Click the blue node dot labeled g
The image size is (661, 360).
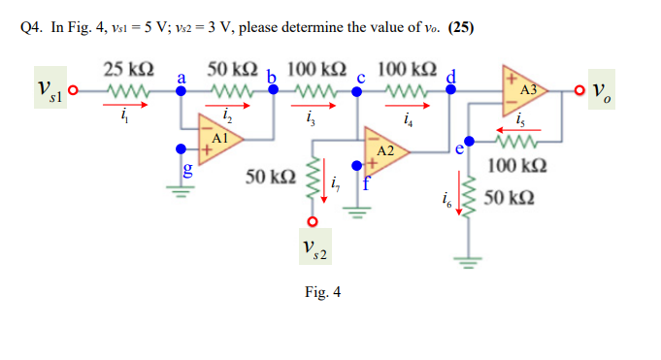tap(181, 149)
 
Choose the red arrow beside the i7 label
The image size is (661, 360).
tap(324, 182)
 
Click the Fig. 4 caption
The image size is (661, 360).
tap(322, 291)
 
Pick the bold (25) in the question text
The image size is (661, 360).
tap(460, 26)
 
